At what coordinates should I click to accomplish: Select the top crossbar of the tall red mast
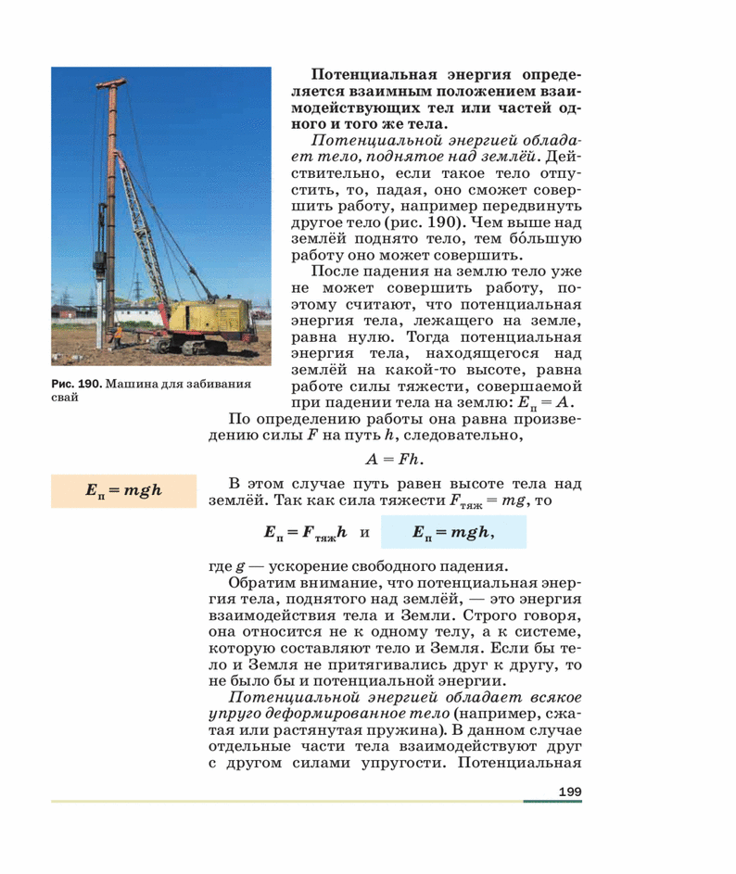[112, 84]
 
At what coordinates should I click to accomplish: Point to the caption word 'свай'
[64, 398]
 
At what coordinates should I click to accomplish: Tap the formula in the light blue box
[453, 532]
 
